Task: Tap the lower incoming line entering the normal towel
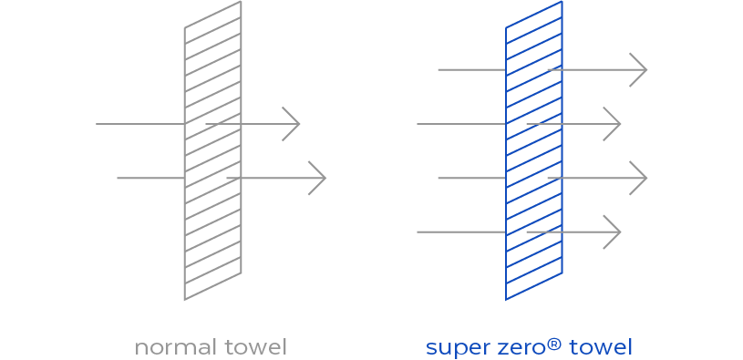[x=150, y=178]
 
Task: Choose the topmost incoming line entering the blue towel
[x=470, y=69]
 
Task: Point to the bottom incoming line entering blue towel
[x=460, y=232]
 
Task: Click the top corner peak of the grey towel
[x=242, y=2]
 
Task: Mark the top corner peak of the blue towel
[x=562, y=2]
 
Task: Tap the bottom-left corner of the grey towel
[x=184, y=300]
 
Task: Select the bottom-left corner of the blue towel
[x=506, y=300]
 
